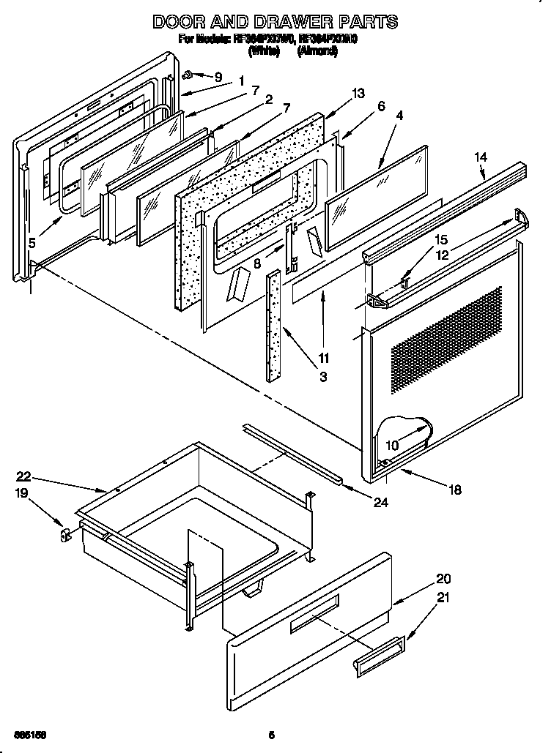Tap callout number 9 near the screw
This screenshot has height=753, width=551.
(218, 75)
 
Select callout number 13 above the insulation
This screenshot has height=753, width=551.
(358, 93)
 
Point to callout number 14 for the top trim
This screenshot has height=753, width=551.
(481, 156)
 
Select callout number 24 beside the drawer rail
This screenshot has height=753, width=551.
(380, 502)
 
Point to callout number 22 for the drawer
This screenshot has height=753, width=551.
(24, 476)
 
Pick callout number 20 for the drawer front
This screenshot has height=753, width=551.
(443, 578)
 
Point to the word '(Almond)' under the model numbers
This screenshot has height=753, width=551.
(318, 52)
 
